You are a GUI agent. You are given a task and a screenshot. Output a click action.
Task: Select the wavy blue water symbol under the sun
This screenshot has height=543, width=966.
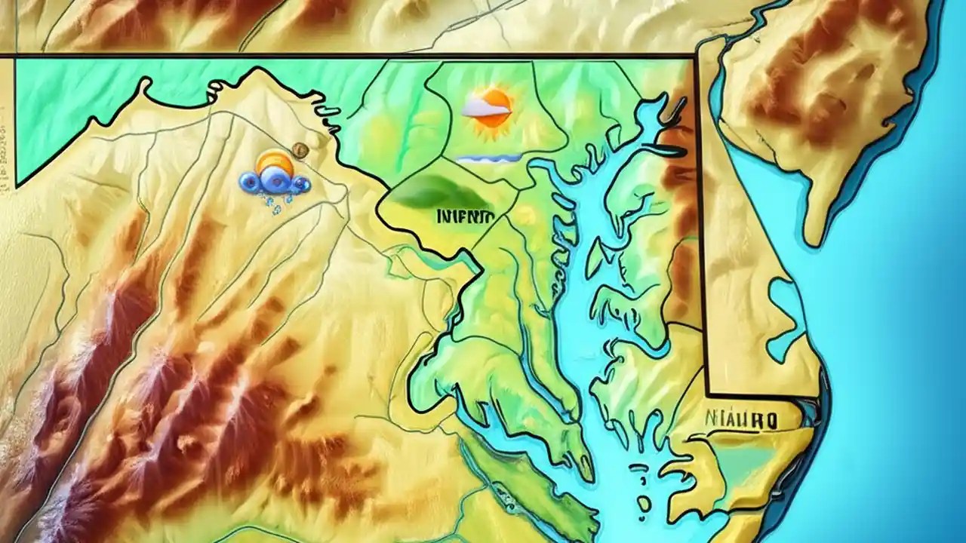pyautogui.click(x=489, y=158)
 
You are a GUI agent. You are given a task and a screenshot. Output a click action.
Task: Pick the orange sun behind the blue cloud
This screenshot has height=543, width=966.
pyautogui.click(x=274, y=163)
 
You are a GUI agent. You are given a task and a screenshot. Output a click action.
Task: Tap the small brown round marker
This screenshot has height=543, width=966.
pyautogui.click(x=300, y=149)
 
